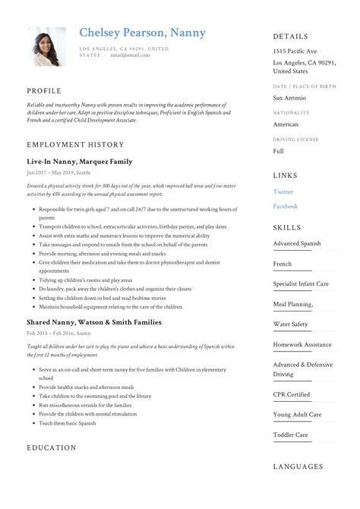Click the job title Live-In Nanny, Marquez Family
pyautogui.click(x=79, y=162)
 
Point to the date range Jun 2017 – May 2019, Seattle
pyautogui.click(x=65, y=173)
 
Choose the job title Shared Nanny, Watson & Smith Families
pyautogui.click(x=93, y=322)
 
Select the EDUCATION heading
pyautogui.click(x=52, y=447)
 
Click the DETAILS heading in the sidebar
pyautogui.click(x=291, y=36)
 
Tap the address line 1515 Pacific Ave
pyautogui.click(x=295, y=50)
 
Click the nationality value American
pyautogui.click(x=286, y=124)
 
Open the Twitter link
pyautogui.click(x=283, y=192)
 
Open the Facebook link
pyautogui.click(x=286, y=206)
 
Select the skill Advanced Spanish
pyautogui.click(x=297, y=244)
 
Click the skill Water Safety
pyautogui.click(x=291, y=324)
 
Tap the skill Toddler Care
pyautogui.click(x=291, y=435)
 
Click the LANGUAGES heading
pyautogui.click(x=298, y=466)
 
